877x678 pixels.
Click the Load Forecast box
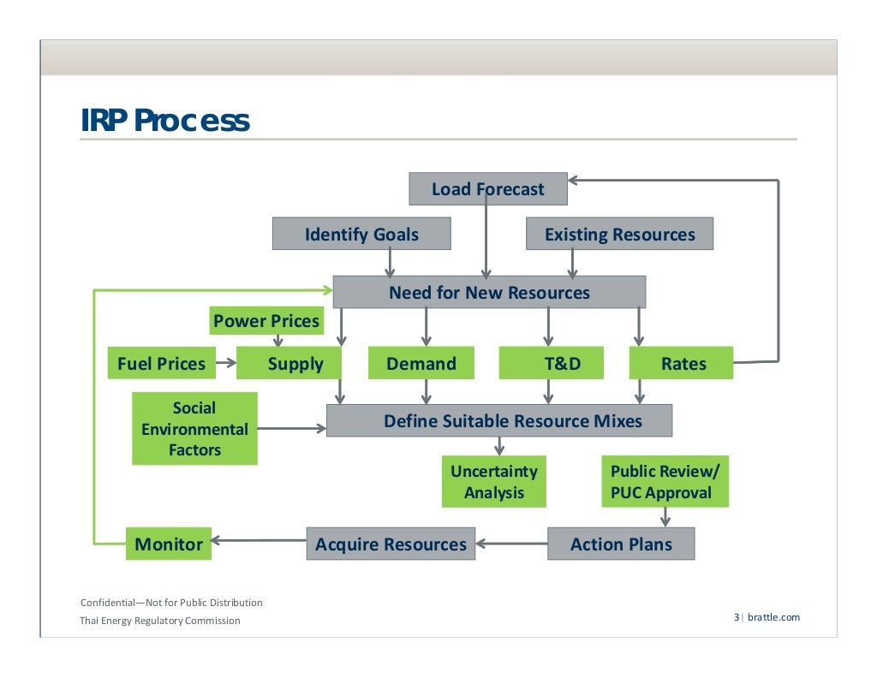click(x=487, y=189)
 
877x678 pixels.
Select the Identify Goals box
click(x=361, y=234)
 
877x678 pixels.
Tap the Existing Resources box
click(x=619, y=234)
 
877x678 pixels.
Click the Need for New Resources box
click(x=489, y=292)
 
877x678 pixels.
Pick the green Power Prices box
click(x=266, y=321)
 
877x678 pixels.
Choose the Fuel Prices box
click(x=161, y=363)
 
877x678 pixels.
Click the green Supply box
click(x=289, y=363)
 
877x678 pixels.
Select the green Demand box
click(x=421, y=363)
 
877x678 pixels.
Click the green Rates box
click(x=682, y=363)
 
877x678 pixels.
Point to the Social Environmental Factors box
click(x=194, y=429)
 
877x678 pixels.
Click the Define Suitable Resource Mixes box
click(x=499, y=420)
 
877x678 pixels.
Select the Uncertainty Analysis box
click(x=494, y=482)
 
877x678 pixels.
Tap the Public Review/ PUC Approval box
click(x=665, y=482)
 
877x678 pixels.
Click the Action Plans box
click(x=621, y=544)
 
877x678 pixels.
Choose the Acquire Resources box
click(x=391, y=544)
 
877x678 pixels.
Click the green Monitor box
click(x=169, y=544)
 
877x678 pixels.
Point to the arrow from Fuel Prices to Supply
click(x=225, y=363)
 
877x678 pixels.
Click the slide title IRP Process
click(x=165, y=121)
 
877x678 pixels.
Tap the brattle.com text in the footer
click(x=773, y=617)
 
